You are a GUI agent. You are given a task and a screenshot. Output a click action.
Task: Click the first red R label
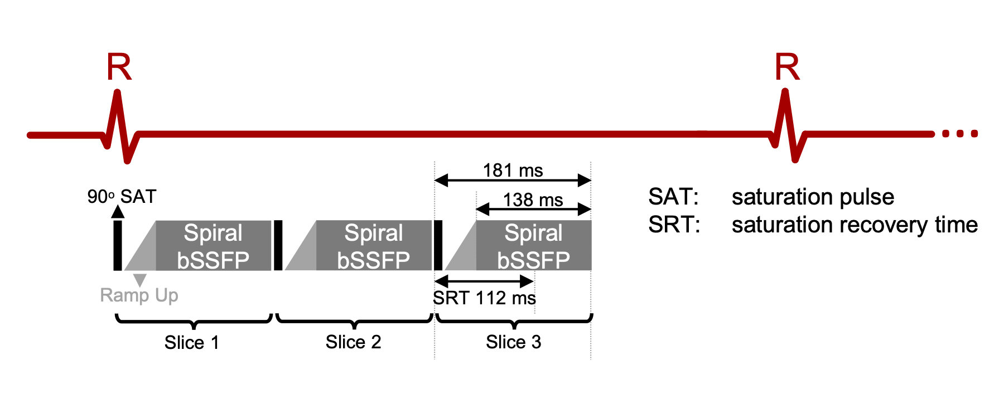(119, 67)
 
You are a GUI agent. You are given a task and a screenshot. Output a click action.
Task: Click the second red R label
(787, 67)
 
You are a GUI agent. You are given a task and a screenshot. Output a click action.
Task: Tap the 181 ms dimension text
(513, 170)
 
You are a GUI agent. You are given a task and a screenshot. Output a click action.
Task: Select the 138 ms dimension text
(533, 200)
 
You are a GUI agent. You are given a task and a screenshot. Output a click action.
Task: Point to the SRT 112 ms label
(484, 298)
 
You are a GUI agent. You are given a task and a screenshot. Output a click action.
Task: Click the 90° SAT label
(122, 197)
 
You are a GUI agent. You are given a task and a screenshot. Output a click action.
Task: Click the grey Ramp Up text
(139, 295)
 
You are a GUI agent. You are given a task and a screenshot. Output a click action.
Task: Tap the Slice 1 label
(191, 342)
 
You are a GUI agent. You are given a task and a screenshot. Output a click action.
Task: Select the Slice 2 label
(353, 342)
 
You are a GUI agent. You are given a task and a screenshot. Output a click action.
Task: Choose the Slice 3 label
(513, 342)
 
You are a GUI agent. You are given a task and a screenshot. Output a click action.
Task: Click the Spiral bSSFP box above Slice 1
(213, 246)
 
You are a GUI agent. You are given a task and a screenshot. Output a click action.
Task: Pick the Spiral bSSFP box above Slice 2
(374, 246)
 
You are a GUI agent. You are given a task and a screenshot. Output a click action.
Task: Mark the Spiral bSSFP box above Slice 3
(534, 246)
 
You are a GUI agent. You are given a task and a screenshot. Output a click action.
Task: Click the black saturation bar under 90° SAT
(118, 245)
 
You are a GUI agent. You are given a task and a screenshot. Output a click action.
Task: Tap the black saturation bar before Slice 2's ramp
(278, 245)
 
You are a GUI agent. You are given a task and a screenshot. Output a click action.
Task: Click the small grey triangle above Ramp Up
(139, 279)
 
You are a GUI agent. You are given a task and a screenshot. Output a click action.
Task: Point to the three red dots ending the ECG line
(960, 134)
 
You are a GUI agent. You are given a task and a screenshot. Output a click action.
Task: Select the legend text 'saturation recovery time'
(855, 225)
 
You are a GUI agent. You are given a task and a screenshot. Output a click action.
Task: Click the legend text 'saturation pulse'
(813, 197)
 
